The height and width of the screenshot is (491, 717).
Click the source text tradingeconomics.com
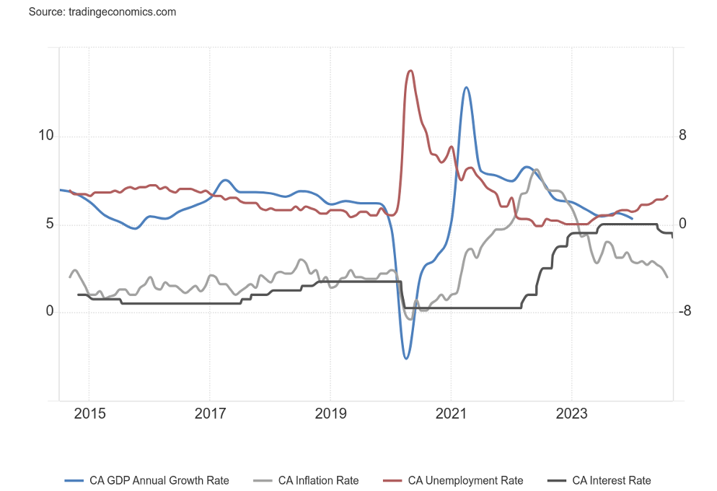102,12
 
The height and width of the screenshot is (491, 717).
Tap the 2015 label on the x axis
89,414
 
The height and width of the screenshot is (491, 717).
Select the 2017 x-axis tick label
209,414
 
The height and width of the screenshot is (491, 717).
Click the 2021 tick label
451,414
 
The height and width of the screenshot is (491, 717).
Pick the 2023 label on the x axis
571,414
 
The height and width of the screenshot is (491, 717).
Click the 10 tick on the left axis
46,136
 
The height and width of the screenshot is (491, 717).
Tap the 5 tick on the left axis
50,225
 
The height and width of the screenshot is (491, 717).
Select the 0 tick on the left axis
50,312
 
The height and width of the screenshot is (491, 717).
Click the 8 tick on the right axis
682,136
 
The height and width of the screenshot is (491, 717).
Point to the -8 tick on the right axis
685,312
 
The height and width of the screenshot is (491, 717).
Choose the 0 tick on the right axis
682,225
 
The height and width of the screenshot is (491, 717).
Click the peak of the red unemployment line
410,70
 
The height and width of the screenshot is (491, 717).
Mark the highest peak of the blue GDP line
467,87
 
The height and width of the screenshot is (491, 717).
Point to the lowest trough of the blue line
406,358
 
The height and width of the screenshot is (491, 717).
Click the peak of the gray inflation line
535,169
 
